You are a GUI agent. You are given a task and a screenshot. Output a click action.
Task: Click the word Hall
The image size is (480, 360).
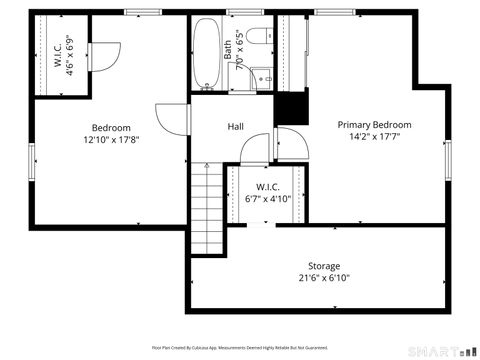(236, 127)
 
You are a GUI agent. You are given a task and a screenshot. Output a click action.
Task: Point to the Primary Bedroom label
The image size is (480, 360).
(374, 125)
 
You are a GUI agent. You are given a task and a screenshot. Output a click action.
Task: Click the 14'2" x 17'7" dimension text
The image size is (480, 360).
(374, 138)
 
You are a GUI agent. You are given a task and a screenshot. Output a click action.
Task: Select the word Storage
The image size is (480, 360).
(323, 266)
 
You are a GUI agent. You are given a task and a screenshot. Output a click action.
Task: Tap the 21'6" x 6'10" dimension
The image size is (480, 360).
(323, 278)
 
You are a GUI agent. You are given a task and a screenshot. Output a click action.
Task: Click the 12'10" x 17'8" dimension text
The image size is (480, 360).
(111, 140)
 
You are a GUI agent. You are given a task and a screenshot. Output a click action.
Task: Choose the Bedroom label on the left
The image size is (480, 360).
(111, 127)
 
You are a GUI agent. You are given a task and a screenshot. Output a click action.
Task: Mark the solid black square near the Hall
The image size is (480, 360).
(291, 107)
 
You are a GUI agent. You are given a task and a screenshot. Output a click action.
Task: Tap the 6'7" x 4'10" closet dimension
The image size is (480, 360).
(267, 198)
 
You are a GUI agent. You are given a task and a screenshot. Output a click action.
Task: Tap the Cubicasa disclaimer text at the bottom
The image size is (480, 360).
(239, 348)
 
